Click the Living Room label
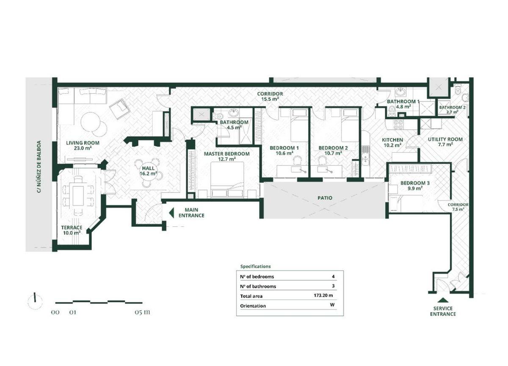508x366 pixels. [83, 143]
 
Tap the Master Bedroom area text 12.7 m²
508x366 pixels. [227, 159]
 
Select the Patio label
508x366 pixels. [325, 198]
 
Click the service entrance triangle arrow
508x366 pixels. [443, 300]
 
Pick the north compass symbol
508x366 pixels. [35, 301]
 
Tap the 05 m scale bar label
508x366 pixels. [142, 312]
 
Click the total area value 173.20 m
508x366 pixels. [323, 295]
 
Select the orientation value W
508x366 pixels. [332, 305]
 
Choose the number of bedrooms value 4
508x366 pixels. [333, 276]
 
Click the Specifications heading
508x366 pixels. [255, 266]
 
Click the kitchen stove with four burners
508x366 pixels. [398, 125]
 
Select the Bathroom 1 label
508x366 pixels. [403, 101]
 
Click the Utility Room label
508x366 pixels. [445, 139]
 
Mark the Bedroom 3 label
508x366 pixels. [415, 183]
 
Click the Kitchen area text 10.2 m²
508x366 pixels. [392, 145]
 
